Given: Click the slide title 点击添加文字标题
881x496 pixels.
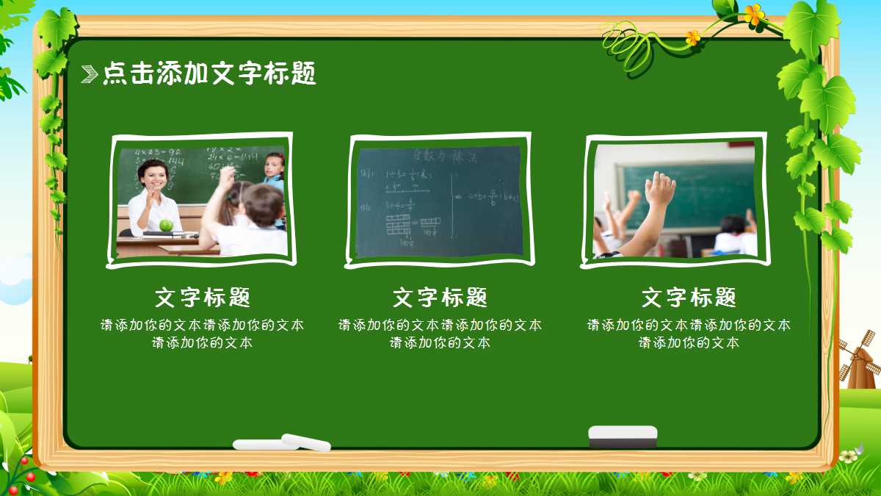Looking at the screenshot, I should (209, 73).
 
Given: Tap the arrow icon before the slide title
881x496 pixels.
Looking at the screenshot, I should (89, 73).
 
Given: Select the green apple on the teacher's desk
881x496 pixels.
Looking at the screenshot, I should (167, 226).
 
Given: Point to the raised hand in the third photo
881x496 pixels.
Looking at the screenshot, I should (659, 190).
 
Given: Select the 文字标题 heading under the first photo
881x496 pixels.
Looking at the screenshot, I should (203, 298).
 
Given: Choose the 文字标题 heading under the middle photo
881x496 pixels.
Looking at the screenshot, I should (440, 298).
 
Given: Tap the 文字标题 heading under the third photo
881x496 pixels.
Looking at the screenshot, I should (689, 298).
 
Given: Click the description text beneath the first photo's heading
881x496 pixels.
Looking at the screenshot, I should (203, 334).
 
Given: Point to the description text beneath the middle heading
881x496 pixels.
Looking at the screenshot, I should (440, 334).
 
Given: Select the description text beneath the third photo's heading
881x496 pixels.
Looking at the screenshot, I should (689, 334).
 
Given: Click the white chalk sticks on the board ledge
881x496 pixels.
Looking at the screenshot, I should (283, 442).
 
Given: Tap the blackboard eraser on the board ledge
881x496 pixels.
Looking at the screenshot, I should (623, 436).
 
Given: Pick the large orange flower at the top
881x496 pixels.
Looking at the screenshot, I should (753, 14).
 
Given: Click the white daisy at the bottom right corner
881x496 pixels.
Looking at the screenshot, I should (848, 456).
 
